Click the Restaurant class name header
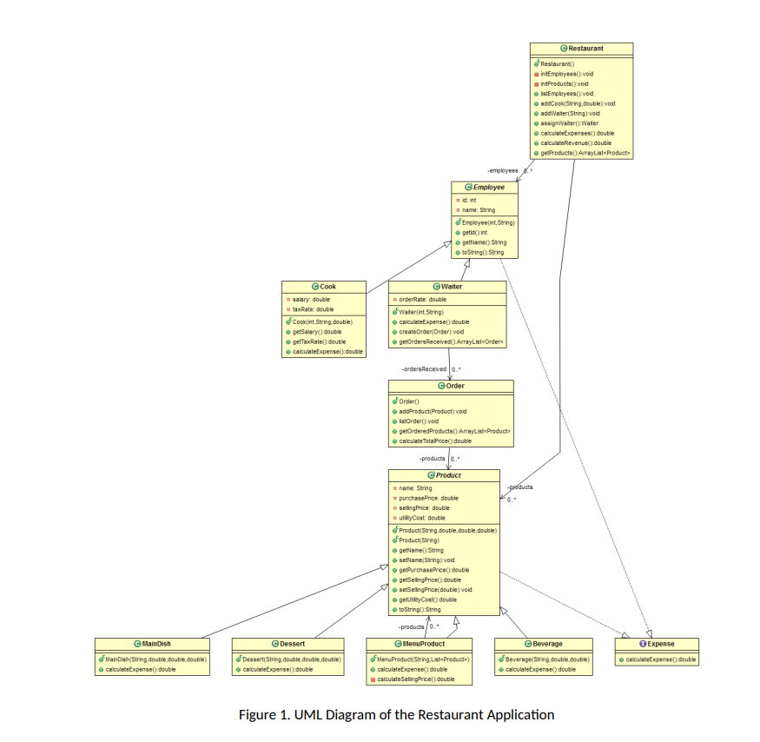[x=582, y=49]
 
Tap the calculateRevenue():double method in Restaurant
[x=576, y=142]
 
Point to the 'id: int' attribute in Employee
[x=469, y=200]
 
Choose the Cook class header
[x=324, y=286]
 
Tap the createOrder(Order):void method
[x=432, y=331]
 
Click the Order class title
[x=451, y=386]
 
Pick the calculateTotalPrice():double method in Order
[x=435, y=441]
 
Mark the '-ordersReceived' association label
[x=424, y=369]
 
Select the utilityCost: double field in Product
[x=422, y=517]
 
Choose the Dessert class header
[x=287, y=644]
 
